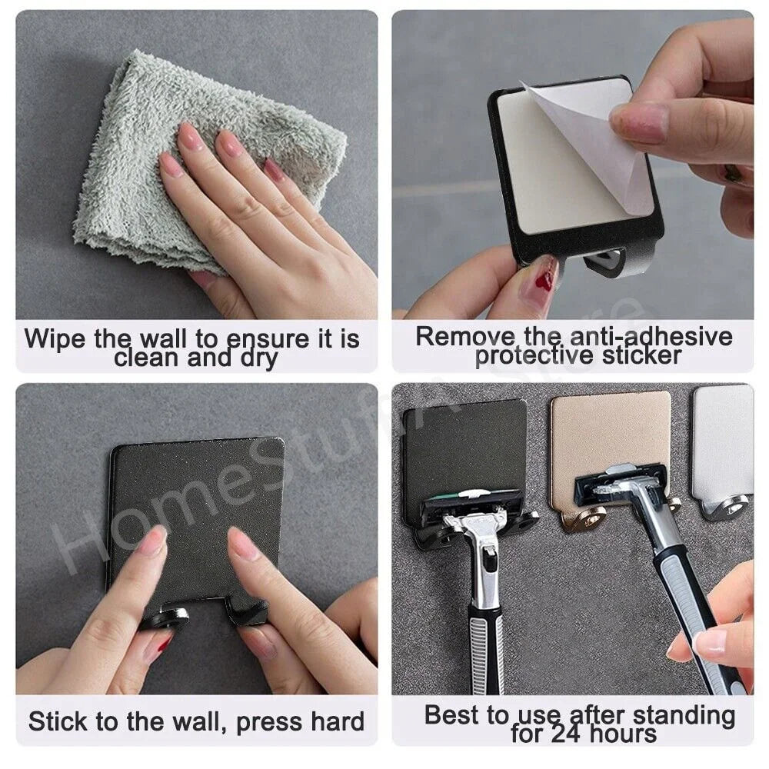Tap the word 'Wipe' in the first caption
(55, 339)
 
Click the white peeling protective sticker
(584, 146)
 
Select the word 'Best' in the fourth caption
(453, 715)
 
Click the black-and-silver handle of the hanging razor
(486, 615)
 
